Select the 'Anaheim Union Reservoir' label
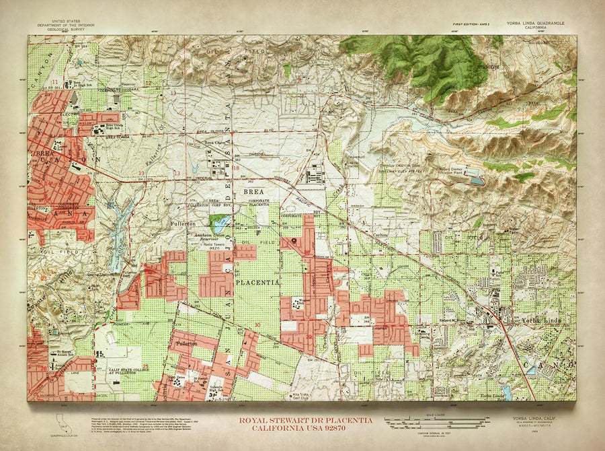[211, 236]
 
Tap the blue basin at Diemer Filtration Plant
[477, 180]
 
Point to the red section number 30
[258, 326]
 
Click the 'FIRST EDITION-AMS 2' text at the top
[475, 23]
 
